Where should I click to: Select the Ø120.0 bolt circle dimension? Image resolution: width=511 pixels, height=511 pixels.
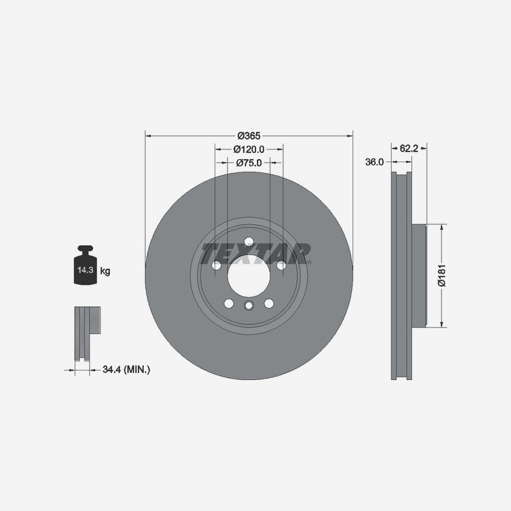coord(248,149)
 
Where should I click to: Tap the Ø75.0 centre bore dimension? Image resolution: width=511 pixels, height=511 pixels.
coord(248,163)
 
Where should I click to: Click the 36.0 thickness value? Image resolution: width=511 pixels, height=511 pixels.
coord(374,162)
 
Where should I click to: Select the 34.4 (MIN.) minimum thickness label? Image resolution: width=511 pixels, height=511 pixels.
coord(126,369)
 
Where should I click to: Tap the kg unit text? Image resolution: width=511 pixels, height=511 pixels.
coord(105,271)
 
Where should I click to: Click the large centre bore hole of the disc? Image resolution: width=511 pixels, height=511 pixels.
coord(248,276)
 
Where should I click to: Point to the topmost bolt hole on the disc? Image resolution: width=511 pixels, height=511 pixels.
coord(248,241)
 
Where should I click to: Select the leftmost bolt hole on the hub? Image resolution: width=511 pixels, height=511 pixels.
coord(217,265)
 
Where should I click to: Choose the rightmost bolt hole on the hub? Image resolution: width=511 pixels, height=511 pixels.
coord(280,265)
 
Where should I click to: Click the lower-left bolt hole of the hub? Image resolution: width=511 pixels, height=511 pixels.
coord(229,303)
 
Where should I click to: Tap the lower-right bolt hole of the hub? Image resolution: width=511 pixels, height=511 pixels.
coord(268,303)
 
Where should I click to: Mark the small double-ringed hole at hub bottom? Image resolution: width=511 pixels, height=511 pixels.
coord(248,305)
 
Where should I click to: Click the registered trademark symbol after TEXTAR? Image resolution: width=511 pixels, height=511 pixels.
coord(309,262)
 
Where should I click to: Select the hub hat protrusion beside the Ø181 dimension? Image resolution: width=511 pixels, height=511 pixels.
coord(418,275)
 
